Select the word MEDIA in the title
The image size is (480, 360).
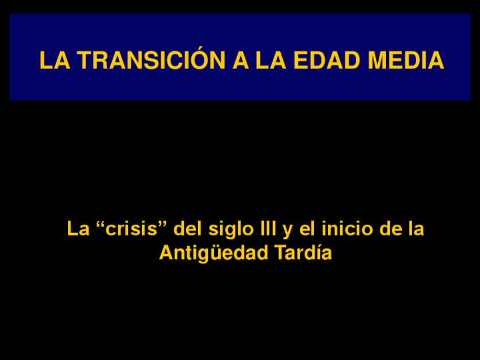tap(406, 61)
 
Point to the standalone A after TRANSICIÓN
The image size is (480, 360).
tap(241, 61)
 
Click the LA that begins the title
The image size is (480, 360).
tap(55, 61)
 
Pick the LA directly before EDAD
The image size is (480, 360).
tap(271, 61)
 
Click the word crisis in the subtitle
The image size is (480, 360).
tap(131, 228)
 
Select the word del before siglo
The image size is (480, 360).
tap(188, 228)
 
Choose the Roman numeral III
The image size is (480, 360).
tap(268, 228)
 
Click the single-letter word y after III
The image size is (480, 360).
tap(288, 232)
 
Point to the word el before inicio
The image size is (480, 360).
tap(307, 228)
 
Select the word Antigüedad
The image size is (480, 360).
tap(213, 254)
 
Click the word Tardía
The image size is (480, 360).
tap(303, 252)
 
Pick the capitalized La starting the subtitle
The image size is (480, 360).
tap(78, 228)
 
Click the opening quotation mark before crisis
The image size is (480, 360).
tap(100, 224)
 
